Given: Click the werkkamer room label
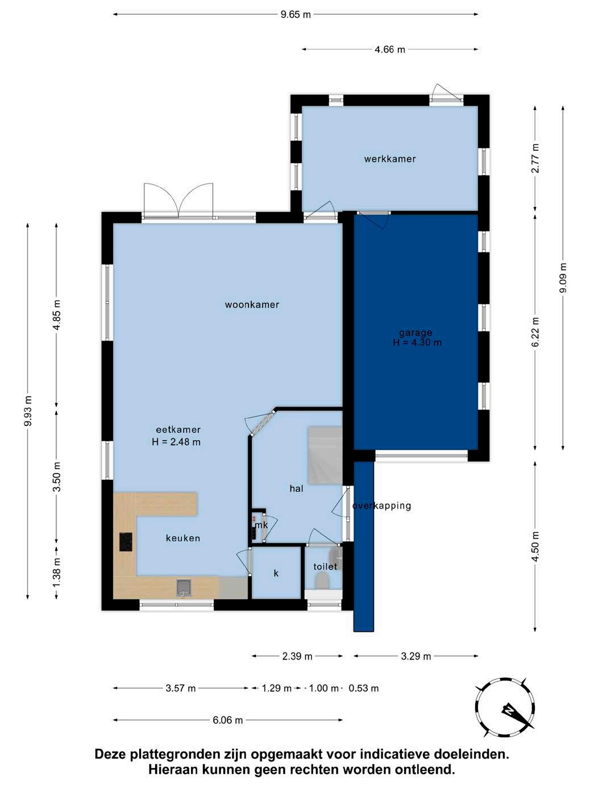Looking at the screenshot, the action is click(x=390, y=159).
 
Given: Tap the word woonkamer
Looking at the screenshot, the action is click(x=252, y=305).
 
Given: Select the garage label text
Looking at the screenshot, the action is click(x=416, y=333).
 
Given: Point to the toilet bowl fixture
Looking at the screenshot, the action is click(x=322, y=580).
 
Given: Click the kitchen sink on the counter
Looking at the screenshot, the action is click(x=184, y=588).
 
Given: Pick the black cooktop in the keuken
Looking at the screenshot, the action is click(x=126, y=542).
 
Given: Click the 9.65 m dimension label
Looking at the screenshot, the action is click(x=296, y=15).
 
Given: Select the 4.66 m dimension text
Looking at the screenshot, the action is click(x=390, y=49).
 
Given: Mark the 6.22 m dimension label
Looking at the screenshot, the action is click(x=535, y=332).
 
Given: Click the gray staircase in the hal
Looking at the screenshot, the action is click(x=325, y=455).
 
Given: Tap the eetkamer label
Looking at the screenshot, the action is click(x=178, y=429).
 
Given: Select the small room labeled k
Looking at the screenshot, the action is click(x=276, y=573).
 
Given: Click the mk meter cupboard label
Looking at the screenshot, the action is click(x=261, y=525).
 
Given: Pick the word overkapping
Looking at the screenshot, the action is click(x=382, y=506).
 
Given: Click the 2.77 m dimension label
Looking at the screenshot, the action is click(x=535, y=158).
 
